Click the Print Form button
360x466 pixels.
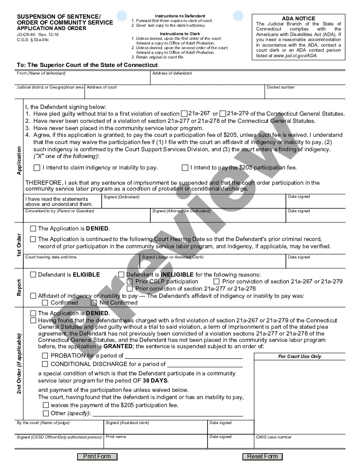(97, 456)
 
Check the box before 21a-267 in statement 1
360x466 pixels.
(184, 114)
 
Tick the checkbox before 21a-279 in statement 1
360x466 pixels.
(223, 114)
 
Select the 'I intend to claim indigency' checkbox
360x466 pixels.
(37, 168)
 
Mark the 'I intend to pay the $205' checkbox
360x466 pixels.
(185, 168)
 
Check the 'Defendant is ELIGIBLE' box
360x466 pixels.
(33, 275)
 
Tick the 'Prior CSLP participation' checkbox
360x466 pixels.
(130, 281)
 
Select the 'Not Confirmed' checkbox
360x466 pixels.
(94, 302)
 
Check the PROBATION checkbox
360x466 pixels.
(45, 356)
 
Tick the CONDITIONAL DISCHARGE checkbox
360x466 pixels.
(45, 364)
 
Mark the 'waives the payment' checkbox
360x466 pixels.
(46, 405)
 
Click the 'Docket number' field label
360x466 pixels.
(281, 87)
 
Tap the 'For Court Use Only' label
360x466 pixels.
(299, 356)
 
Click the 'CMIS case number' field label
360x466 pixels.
(274, 437)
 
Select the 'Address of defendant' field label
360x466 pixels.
(172, 73)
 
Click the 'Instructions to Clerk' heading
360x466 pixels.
(180, 34)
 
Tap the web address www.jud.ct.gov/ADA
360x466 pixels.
(296, 55)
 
